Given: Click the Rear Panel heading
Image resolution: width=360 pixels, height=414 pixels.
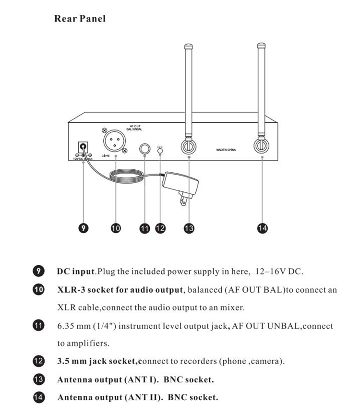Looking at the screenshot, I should coord(80,19).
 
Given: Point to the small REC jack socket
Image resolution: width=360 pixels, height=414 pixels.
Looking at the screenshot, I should coord(160,150).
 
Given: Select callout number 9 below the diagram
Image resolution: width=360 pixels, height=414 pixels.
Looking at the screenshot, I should coord(84,228).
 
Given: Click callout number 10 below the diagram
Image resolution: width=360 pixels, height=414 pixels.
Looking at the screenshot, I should coord(116,228).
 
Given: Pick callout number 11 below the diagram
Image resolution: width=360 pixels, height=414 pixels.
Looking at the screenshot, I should coord(144,228).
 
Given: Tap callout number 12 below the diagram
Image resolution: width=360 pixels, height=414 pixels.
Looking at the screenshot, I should coord(160,228).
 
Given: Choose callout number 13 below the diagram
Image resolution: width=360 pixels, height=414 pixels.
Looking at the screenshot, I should coord(189,228).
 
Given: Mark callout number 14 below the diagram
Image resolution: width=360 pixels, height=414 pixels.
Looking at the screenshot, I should coord(262,228).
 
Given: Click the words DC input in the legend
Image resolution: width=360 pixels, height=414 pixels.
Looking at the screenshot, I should coord(76,272).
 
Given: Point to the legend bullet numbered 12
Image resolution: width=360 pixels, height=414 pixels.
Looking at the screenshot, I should coord(38,361).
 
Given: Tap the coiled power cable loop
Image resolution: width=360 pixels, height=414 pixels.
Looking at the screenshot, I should coord(126,176).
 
